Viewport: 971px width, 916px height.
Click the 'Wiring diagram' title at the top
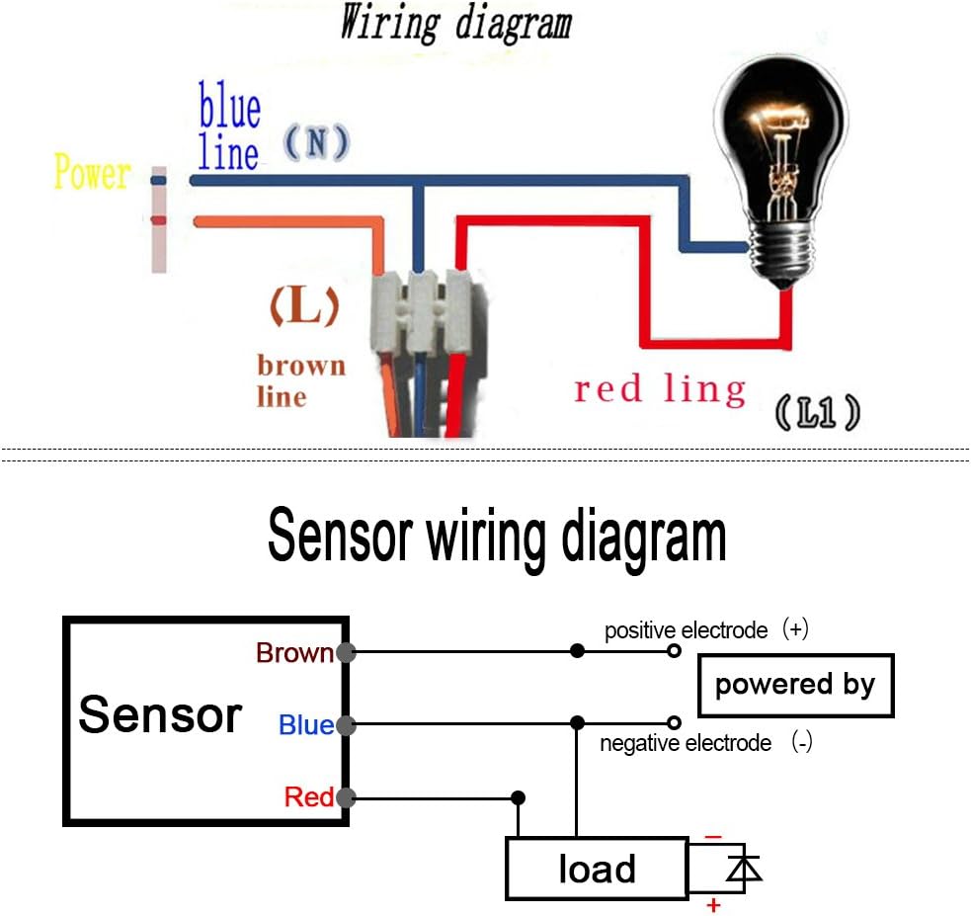click(x=455, y=23)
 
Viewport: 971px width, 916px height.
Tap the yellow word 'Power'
click(x=92, y=172)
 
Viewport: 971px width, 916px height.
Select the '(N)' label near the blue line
click(x=317, y=142)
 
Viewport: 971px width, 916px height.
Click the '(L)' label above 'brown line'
click(x=304, y=306)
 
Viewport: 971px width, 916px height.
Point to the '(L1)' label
click(x=818, y=412)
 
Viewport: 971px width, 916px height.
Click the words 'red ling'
click(x=660, y=389)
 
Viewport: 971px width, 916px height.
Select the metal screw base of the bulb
click(x=782, y=254)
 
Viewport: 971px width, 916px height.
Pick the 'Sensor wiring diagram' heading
click(x=497, y=536)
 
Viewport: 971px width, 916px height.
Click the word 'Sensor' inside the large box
click(x=160, y=714)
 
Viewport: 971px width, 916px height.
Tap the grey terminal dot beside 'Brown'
click(x=346, y=652)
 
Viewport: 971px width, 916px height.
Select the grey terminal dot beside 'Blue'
click(x=346, y=724)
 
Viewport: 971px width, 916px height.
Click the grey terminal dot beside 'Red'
click(x=346, y=797)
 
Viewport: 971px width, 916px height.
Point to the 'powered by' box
click(x=796, y=686)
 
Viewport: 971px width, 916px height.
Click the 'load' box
click(x=597, y=869)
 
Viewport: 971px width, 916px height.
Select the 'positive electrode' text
click(x=686, y=630)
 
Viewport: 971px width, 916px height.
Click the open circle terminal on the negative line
click(x=675, y=722)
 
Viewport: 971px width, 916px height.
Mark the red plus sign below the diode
click(x=713, y=905)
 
